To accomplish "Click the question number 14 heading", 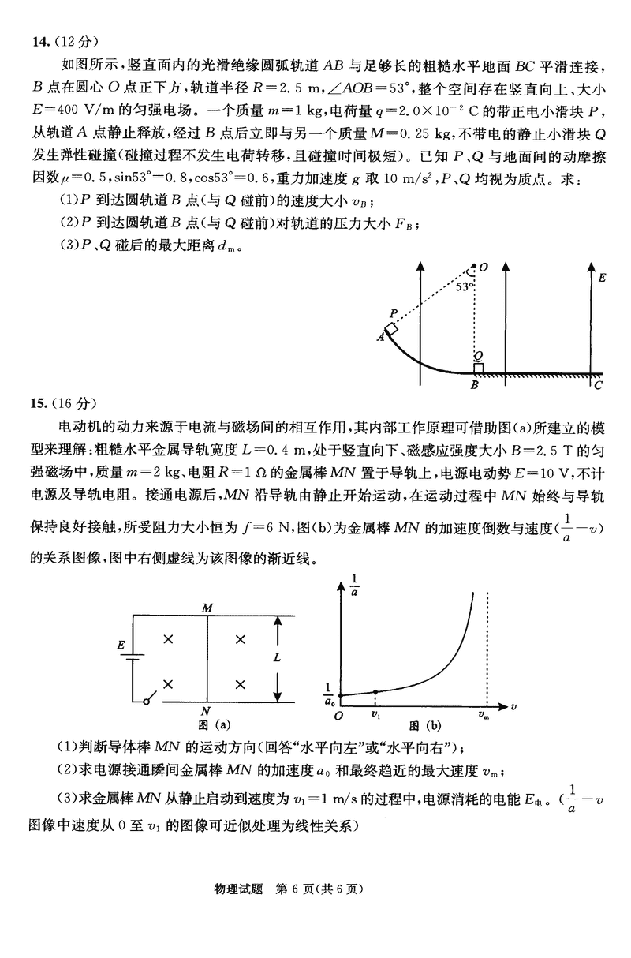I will [x=32, y=37].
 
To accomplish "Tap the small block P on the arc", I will [x=391, y=328].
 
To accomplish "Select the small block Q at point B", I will [x=478, y=367].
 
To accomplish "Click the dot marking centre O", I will [x=473, y=268].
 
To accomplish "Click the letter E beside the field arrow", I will [x=603, y=278].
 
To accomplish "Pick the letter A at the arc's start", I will [x=380, y=338].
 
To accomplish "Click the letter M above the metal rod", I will [x=207, y=608].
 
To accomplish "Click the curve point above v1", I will [x=375, y=692].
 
